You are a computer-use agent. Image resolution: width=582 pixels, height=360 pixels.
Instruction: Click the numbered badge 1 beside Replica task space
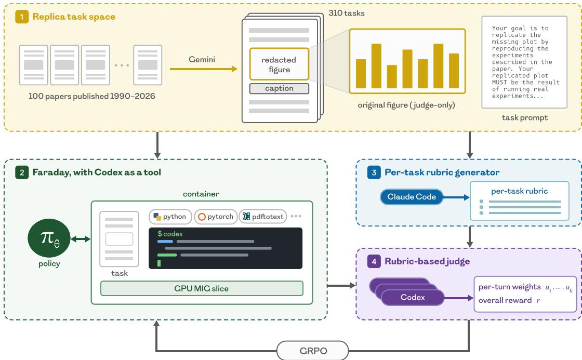[22, 17]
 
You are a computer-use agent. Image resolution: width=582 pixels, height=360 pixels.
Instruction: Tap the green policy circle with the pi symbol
[49, 238]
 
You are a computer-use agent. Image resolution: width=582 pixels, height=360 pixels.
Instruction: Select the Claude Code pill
[411, 197]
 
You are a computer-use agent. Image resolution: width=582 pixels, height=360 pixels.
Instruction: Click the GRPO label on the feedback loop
[313, 351]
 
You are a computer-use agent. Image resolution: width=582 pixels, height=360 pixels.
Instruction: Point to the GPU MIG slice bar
[202, 288]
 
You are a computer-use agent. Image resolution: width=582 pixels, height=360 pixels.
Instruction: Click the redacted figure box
[279, 64]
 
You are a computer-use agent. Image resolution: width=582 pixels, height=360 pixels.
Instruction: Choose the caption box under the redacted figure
[279, 88]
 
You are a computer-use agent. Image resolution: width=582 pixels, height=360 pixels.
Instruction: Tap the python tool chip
[170, 217]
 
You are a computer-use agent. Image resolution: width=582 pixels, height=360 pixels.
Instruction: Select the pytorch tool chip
[216, 217]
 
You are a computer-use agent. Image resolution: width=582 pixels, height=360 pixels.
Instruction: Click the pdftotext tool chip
[263, 217]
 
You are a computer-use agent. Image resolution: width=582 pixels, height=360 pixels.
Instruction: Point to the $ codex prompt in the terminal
[170, 234]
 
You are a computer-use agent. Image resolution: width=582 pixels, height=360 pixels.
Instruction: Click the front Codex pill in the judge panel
[413, 297]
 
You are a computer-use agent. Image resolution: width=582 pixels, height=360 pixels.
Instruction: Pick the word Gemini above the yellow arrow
[202, 59]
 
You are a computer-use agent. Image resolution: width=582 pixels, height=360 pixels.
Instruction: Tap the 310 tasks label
[347, 13]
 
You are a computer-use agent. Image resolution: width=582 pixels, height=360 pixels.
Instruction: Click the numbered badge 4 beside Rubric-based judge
[374, 261]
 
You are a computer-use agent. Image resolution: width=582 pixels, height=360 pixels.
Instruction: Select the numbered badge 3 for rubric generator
[374, 172]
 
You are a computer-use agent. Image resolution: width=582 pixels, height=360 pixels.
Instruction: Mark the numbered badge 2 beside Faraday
[22, 172]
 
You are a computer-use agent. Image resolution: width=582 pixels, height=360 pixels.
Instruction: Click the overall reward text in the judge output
[505, 300]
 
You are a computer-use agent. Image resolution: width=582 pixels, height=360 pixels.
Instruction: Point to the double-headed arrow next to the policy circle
[81, 239]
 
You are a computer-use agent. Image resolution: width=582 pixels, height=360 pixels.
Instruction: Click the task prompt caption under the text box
[524, 117]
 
